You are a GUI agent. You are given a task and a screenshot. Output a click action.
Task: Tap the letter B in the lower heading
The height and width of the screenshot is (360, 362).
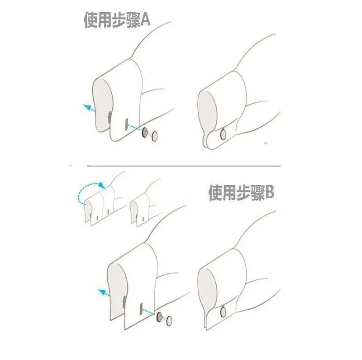269,192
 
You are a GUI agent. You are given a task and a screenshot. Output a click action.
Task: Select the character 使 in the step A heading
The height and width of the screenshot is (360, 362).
91,20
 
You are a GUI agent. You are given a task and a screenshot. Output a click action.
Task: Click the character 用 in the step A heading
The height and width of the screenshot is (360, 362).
105,20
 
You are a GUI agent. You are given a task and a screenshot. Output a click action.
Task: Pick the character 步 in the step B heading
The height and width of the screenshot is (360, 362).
243,192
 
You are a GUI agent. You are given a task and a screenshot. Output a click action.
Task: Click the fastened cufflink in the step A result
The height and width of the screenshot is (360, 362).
223,134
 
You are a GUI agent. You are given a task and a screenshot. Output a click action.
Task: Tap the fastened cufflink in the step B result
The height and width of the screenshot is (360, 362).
223,311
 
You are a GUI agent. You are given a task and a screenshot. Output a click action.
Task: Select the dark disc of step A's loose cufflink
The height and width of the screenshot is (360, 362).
145,132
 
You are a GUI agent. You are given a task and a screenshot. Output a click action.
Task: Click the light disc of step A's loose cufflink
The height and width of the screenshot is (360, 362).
155,136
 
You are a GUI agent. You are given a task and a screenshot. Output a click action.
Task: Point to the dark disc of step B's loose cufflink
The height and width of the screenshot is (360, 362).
159,317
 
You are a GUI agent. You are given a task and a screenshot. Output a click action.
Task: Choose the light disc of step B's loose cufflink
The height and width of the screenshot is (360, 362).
169,321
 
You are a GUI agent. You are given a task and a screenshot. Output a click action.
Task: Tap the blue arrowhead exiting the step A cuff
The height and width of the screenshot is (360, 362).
86,107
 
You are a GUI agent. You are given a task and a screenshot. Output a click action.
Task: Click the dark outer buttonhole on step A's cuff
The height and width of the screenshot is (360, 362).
126,124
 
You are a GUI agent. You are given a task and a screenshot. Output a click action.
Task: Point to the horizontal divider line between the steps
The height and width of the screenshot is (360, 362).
184,166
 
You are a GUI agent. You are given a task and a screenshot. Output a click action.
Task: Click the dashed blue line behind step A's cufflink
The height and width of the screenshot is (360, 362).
135,128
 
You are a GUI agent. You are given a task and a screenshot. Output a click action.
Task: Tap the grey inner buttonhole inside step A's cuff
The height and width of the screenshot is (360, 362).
110,117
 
